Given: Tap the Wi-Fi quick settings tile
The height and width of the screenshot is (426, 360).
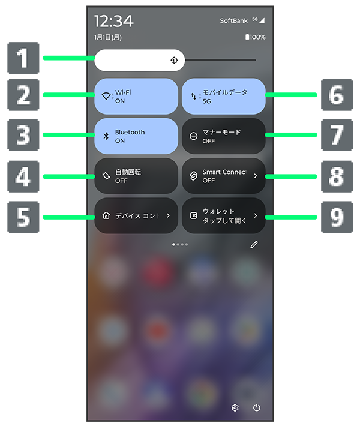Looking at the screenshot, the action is point(136,96).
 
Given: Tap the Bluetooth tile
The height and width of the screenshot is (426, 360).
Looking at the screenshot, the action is point(136,136).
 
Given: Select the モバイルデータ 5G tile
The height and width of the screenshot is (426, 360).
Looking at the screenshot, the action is point(224,96).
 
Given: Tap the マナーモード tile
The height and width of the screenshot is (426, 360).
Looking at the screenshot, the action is point(224,136).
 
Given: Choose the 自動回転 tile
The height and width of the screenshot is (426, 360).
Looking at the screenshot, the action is point(136,176).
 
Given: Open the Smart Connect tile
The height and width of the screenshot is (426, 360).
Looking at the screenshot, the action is point(224,176).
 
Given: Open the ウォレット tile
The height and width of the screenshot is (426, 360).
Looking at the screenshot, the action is point(224,215).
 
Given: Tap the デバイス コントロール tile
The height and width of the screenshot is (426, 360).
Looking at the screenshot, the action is point(136,215).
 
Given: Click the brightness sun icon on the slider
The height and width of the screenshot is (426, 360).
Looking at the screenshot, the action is point(174,60).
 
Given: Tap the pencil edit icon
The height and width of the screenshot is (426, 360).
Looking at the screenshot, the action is point(254,245).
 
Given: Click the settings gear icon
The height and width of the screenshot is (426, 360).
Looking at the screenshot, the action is point(235,407).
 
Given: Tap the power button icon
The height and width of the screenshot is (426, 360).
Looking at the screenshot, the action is point(257,407).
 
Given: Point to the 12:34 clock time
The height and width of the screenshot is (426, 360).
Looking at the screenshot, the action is point(114,21).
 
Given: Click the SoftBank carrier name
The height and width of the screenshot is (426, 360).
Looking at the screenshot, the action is point(233,20).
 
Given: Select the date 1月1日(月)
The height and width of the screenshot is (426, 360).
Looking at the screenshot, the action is point(108,37).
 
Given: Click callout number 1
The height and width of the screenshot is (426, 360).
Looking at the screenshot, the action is point(23,58).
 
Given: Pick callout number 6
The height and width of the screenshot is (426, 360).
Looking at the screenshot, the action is point(337,95).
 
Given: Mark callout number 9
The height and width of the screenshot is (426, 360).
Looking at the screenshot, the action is point(337,217).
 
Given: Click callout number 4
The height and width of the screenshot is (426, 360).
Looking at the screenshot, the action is point(23,176).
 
